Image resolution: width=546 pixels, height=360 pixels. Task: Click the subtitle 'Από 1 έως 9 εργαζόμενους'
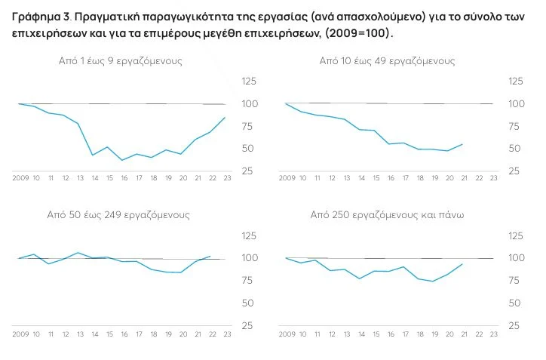pyautogui.click(x=120, y=60)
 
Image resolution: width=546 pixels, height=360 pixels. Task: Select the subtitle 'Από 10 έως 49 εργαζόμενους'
pyautogui.click(x=387, y=60)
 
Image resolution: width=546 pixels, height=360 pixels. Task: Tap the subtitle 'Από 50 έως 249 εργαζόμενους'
pyautogui.click(x=120, y=215)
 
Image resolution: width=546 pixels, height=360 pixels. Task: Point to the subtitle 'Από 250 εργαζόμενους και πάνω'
pyautogui.click(x=387, y=215)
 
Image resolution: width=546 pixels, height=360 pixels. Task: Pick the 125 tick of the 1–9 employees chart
pyautogui.click(x=249, y=82)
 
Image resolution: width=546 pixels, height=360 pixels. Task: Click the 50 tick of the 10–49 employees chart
pyautogui.click(x=516, y=149)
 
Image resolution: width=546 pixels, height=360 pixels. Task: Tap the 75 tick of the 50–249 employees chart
pyautogui.click(x=249, y=281)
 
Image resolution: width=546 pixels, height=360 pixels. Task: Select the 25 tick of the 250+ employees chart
pyautogui.click(x=516, y=326)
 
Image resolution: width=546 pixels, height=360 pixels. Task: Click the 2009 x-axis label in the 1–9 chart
pyautogui.click(x=20, y=178)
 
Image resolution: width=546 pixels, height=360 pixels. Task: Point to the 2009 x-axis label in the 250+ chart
pyautogui.click(x=287, y=333)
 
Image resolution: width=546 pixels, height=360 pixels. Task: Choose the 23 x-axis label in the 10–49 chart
pyautogui.click(x=493, y=178)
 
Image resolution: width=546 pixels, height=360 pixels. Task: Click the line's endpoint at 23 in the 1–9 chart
pyautogui.click(x=225, y=117)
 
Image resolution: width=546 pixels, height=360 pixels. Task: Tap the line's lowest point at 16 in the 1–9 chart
pyautogui.click(x=122, y=160)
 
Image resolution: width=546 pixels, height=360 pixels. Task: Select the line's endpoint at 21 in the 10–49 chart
pyautogui.click(x=462, y=143)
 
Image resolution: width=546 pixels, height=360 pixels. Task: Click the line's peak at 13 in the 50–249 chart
pyautogui.click(x=78, y=253)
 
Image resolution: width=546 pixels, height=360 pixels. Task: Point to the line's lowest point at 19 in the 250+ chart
pyautogui.click(x=433, y=282)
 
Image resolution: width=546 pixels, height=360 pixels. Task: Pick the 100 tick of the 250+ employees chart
pyautogui.click(x=516, y=258)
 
